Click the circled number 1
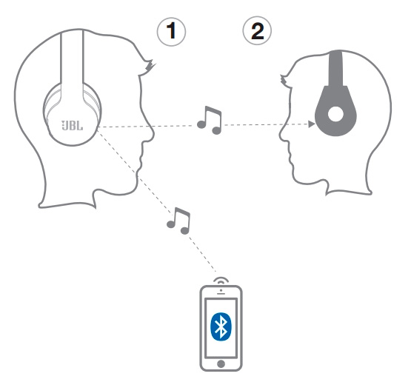(171, 31)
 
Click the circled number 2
(257, 30)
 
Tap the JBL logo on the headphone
(73, 126)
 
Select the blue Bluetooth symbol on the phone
(221, 326)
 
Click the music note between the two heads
(210, 121)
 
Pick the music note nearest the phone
(178, 221)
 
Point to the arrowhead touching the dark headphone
(312, 124)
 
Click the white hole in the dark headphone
(335, 114)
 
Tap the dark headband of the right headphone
(335, 69)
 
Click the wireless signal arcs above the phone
(221, 280)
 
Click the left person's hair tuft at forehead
(149, 66)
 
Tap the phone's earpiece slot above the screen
(221, 294)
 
